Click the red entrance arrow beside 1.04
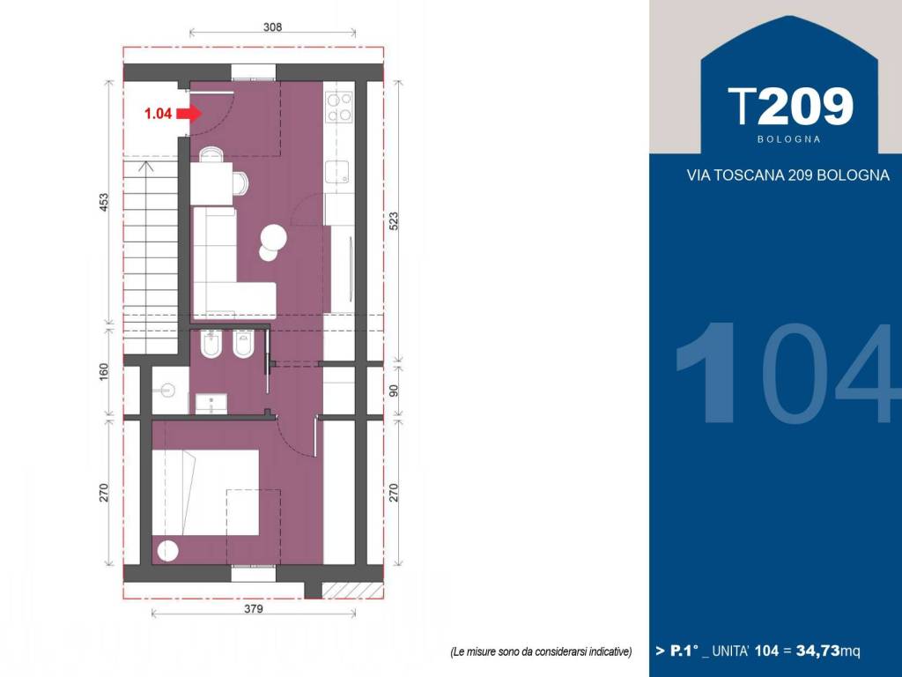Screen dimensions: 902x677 click(x=189, y=114)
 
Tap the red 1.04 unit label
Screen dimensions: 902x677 click(x=158, y=114)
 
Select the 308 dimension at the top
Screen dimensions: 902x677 click(x=272, y=26)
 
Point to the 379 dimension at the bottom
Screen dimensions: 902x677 click(x=253, y=608)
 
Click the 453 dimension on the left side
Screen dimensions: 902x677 click(x=104, y=202)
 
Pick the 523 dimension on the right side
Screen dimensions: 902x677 click(x=394, y=222)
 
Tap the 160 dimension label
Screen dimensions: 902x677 click(x=104, y=372)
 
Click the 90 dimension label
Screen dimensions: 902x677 click(x=394, y=391)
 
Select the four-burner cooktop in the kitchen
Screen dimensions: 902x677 click(x=339, y=107)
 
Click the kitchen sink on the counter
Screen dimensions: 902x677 click(x=337, y=172)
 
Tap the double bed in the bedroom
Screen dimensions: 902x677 click(x=205, y=493)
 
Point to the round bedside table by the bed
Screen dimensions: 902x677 click(x=168, y=551)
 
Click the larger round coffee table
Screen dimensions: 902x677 click(x=274, y=236)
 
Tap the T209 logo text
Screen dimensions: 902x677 click(x=790, y=107)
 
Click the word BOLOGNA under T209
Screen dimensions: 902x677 click(x=788, y=139)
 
